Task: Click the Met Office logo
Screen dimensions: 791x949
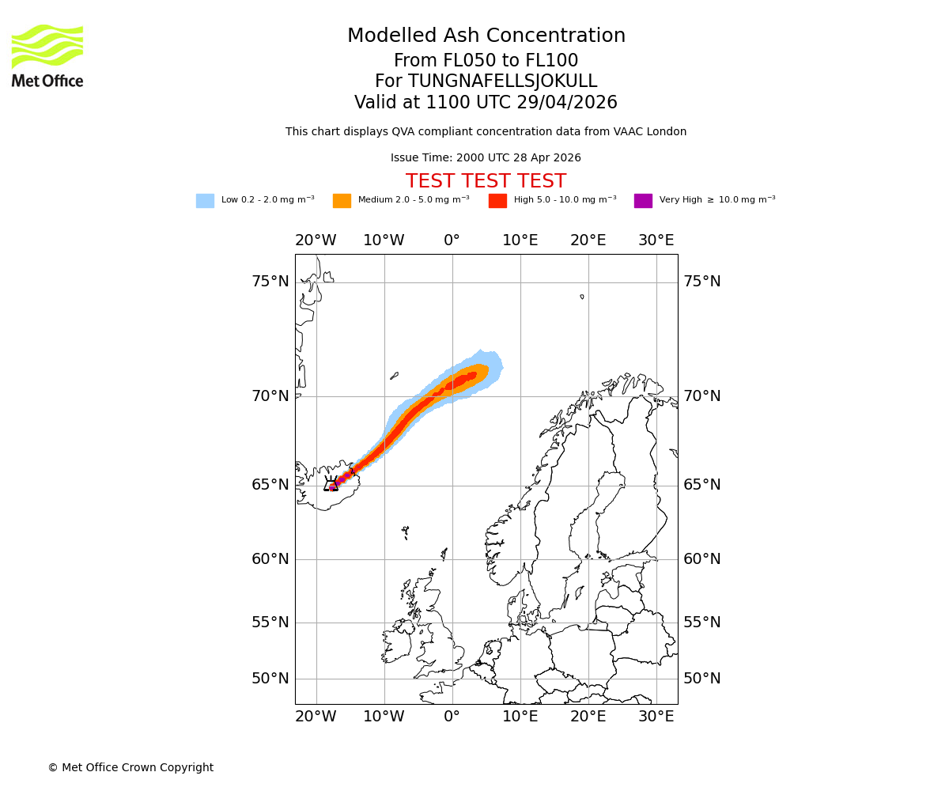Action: tap(47, 55)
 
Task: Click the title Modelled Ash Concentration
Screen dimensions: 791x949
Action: tap(486, 36)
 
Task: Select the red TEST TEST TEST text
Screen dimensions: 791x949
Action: tap(486, 182)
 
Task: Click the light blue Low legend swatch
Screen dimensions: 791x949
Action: tap(205, 201)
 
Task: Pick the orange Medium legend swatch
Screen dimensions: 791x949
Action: tap(342, 201)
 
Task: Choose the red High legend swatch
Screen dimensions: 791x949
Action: tap(497, 201)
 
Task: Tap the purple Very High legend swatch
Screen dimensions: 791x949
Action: tap(643, 201)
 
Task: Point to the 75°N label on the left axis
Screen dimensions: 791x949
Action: tap(270, 282)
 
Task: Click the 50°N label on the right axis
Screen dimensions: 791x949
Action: tap(701, 679)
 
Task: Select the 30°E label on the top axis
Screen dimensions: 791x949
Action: tap(656, 240)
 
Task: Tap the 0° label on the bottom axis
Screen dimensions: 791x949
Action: tap(452, 717)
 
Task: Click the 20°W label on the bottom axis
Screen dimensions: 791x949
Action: tap(316, 717)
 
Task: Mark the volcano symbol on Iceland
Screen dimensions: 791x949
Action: tap(331, 484)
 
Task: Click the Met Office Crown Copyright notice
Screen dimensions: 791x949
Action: tap(130, 768)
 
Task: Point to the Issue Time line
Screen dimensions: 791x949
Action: tap(486, 158)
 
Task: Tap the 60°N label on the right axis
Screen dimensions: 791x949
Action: tap(701, 559)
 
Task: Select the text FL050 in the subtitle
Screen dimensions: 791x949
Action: tap(450, 61)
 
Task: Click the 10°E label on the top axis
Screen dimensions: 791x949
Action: tap(520, 240)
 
